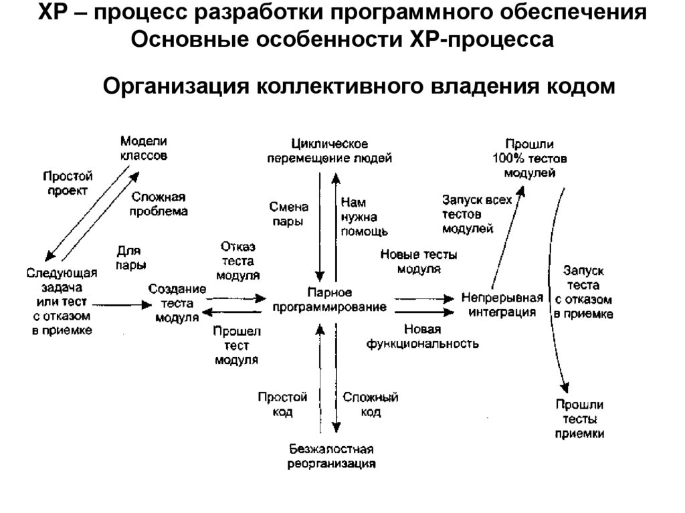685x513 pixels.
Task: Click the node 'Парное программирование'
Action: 329,300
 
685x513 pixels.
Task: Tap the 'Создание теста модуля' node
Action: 177,303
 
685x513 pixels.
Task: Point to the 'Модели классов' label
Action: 143,148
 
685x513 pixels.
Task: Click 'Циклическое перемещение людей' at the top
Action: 330,151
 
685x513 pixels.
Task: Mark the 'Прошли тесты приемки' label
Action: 579,419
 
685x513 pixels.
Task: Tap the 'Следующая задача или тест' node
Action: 62,301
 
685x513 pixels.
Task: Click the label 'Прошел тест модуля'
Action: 237,345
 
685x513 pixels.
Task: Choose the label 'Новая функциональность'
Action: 421,336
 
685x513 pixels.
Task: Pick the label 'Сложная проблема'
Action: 159,203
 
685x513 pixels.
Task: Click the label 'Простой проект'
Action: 68,183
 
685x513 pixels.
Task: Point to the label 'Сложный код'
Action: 370,405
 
